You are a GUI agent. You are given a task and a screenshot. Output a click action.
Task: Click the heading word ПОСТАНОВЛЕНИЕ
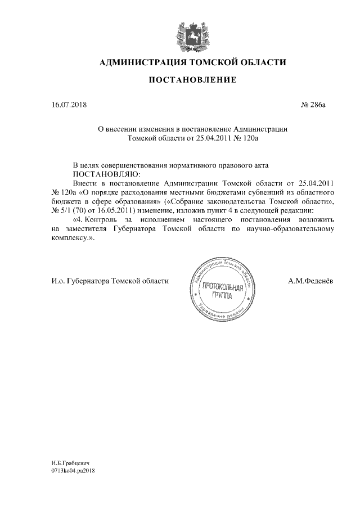(192, 80)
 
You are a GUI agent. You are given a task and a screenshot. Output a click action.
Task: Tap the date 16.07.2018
(66, 105)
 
